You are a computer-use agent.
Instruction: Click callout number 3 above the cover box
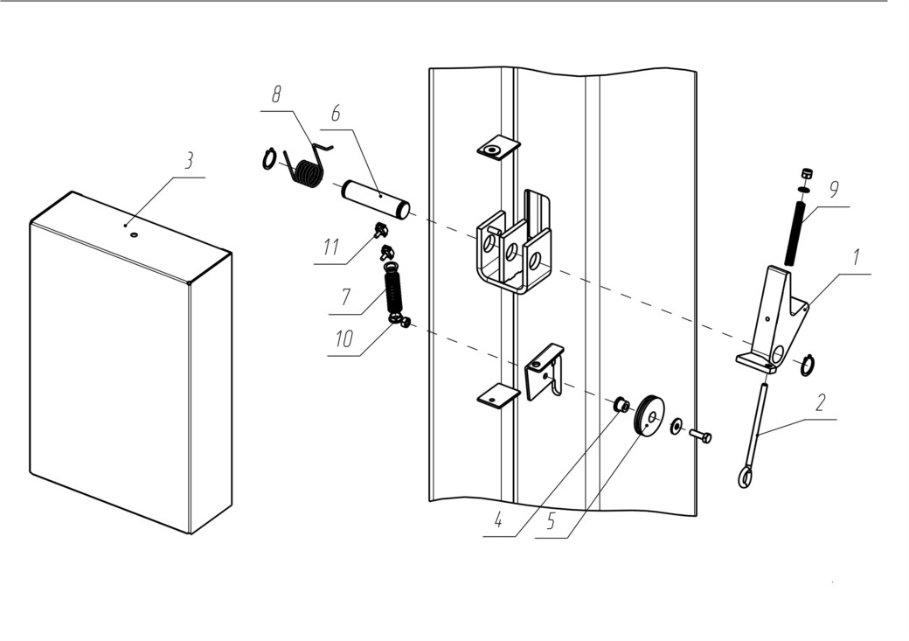click(189, 161)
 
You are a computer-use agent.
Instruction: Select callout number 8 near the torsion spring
click(276, 94)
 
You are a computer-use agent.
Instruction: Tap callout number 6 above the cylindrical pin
click(337, 114)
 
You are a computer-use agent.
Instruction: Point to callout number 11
click(330, 247)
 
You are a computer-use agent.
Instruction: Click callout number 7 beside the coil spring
click(345, 296)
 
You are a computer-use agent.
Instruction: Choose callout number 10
click(344, 338)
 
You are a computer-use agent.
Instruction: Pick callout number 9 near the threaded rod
click(834, 189)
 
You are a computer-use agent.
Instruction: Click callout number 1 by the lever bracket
click(856, 257)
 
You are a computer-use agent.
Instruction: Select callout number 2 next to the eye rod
click(821, 402)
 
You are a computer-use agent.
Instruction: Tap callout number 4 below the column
click(498, 520)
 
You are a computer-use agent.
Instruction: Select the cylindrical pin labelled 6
click(376, 199)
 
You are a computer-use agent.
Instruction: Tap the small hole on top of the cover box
click(135, 235)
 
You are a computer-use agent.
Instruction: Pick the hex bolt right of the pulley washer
click(700, 435)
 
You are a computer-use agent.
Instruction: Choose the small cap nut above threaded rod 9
click(805, 173)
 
